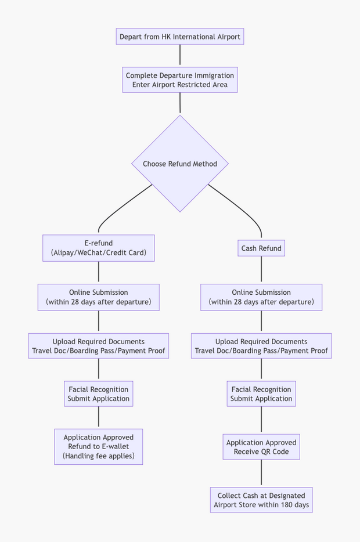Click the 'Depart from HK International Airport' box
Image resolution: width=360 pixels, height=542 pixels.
(x=179, y=37)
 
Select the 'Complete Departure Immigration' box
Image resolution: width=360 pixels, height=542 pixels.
(x=179, y=80)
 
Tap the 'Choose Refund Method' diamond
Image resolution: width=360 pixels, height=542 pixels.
(x=179, y=164)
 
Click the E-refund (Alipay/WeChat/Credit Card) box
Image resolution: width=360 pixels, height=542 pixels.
(x=98, y=248)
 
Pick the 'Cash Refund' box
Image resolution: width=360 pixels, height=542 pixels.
(x=261, y=248)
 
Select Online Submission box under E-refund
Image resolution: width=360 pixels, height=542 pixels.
(x=98, y=297)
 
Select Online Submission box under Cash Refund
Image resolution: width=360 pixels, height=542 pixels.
(x=261, y=297)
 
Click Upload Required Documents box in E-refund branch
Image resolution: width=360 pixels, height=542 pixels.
(x=98, y=346)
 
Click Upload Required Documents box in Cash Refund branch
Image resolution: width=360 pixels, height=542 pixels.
(x=261, y=346)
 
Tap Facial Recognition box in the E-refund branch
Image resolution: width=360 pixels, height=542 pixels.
(x=98, y=394)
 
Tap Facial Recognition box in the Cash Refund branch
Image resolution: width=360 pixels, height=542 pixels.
(x=261, y=394)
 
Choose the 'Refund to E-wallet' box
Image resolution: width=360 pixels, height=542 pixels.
(x=98, y=447)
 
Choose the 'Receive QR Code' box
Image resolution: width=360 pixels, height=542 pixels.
(x=261, y=447)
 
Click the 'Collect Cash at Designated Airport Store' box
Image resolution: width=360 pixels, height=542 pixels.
(x=261, y=500)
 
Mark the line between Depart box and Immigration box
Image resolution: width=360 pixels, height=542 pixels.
(x=179, y=56)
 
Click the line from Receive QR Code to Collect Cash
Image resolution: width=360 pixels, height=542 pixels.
(x=261, y=473)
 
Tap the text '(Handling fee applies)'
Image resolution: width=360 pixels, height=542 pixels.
(x=98, y=457)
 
